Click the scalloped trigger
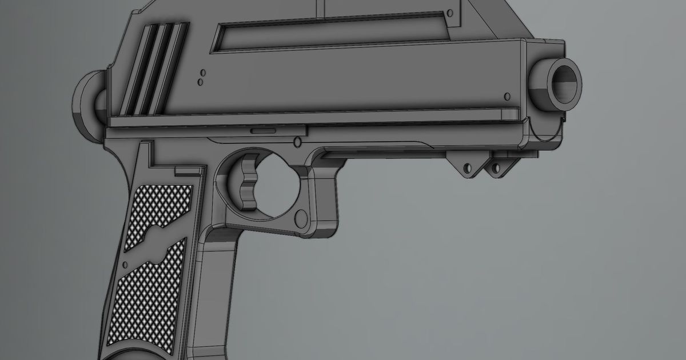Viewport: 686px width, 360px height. pyautogui.click(x=248, y=179)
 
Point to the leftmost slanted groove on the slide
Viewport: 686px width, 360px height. pyautogui.click(x=135, y=69)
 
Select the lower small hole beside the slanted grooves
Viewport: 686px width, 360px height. pyautogui.click(x=200, y=82)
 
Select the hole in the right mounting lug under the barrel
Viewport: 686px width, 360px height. pyautogui.click(x=495, y=168)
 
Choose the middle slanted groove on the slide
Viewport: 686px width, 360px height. pyautogui.click(x=153, y=69)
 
